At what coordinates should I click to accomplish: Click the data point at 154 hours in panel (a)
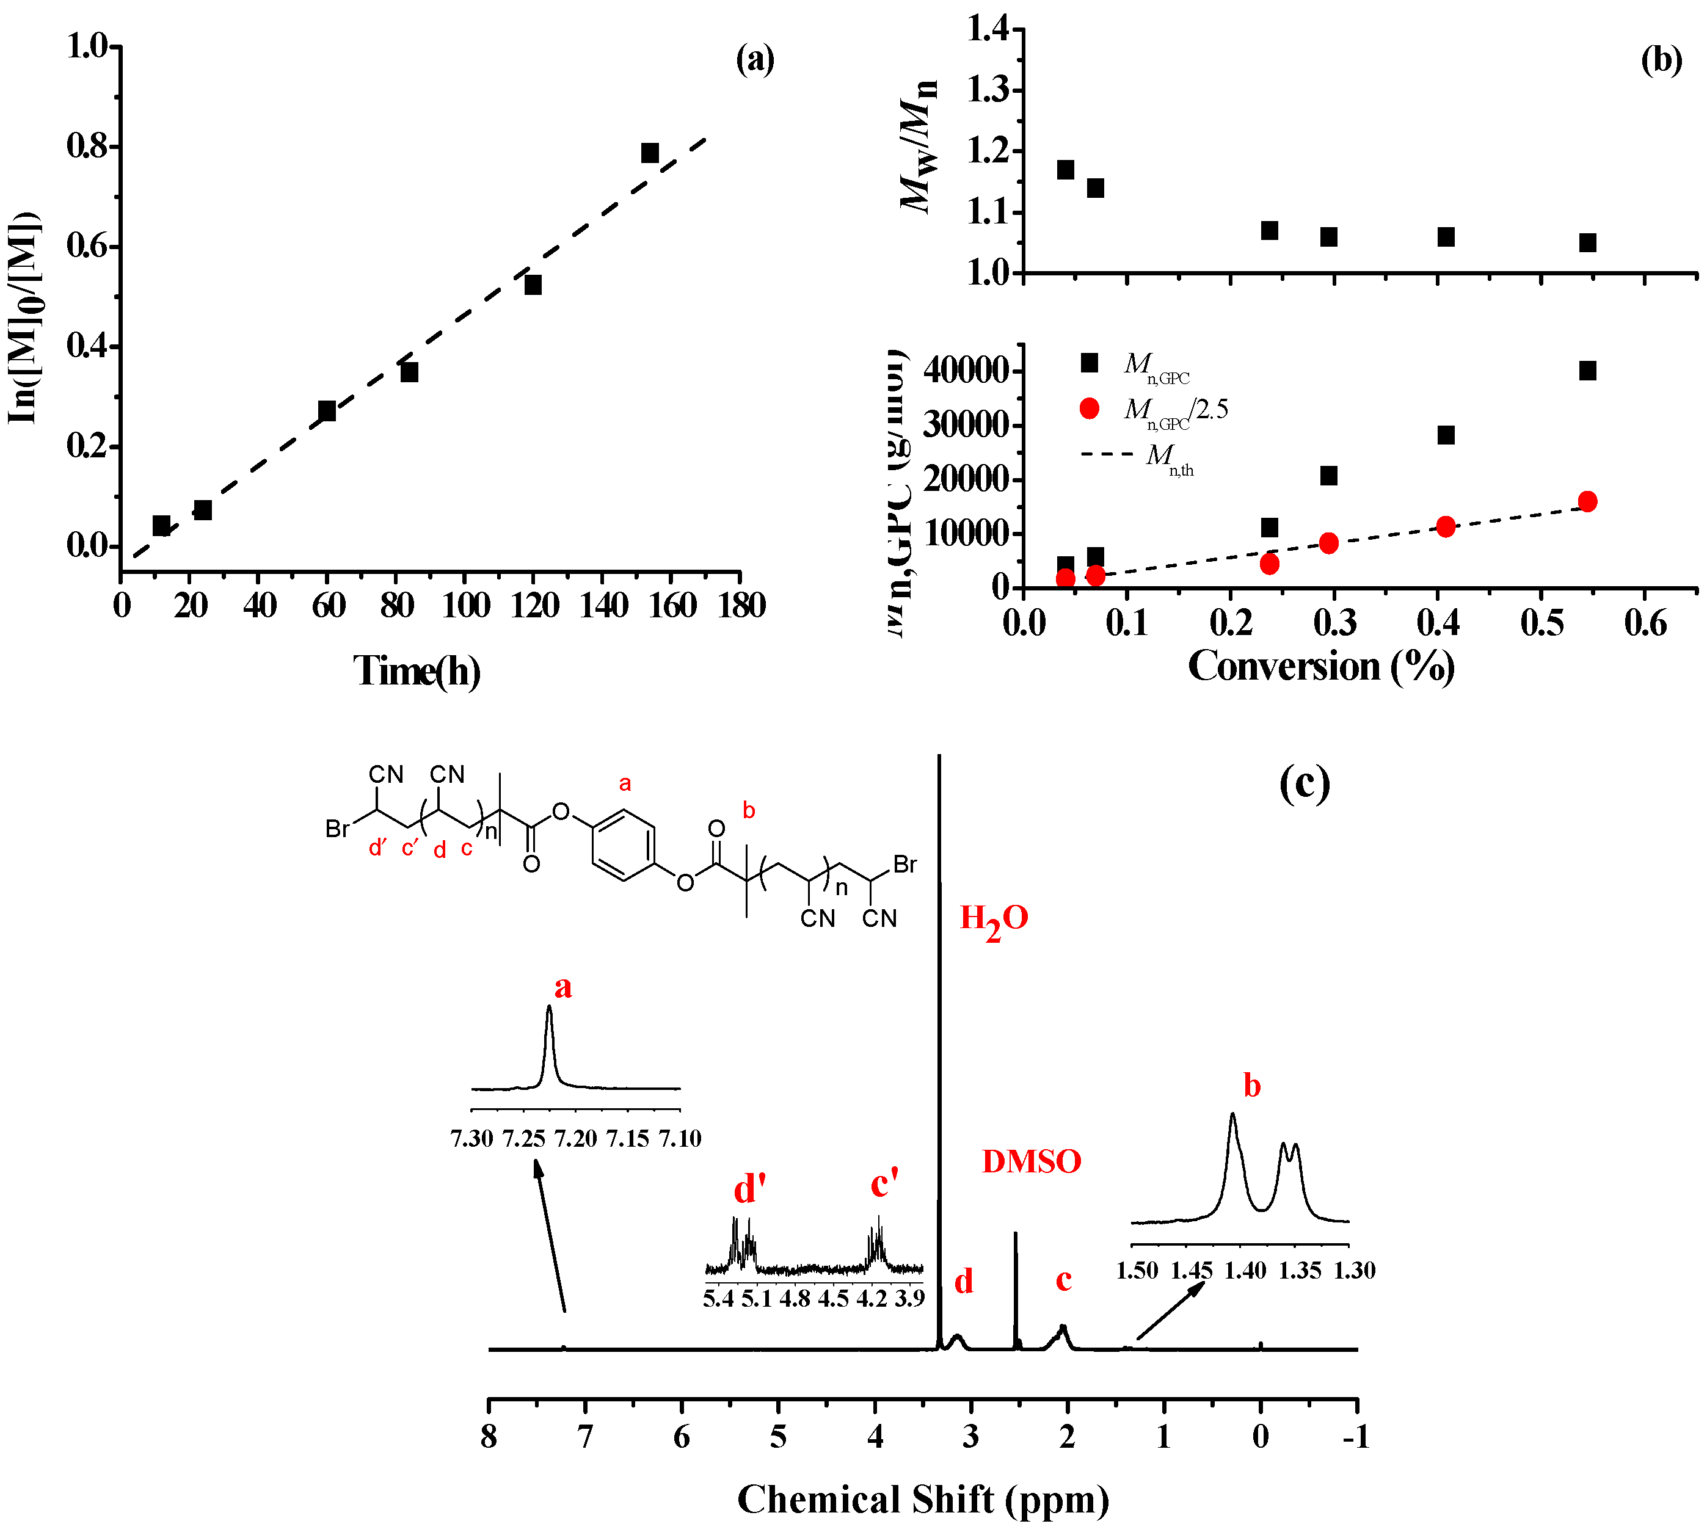tap(649, 153)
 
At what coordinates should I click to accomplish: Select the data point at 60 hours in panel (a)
tap(327, 411)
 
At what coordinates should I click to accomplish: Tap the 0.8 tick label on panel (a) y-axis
tap(87, 147)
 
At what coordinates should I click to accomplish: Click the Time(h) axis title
tap(417, 671)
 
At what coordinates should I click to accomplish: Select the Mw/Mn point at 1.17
tap(1065, 169)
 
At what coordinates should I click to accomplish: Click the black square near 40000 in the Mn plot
tap(1587, 371)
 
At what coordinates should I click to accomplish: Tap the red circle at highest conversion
tap(1587, 502)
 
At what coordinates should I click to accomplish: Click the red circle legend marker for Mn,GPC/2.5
tap(1089, 408)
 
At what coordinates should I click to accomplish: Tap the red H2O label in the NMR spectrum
tap(993, 918)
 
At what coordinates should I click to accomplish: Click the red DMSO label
tap(1031, 1161)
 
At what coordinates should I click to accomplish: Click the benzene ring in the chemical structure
tap(624, 845)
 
